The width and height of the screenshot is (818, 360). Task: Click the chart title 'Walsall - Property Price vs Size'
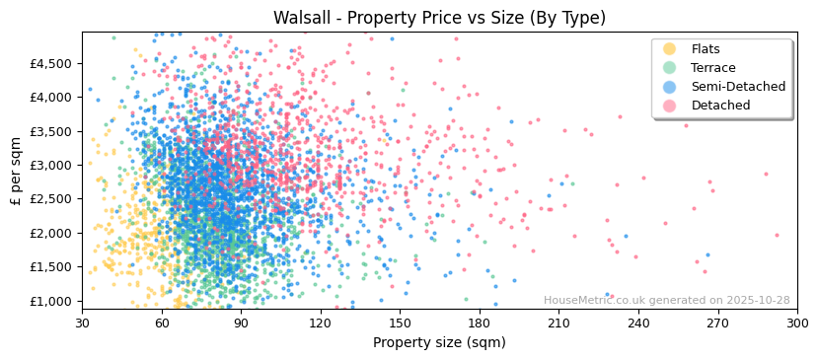pyautogui.click(x=439, y=18)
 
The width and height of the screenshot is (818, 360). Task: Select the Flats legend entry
pyautogui.click(x=706, y=49)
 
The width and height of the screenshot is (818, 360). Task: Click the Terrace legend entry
pyautogui.click(x=712, y=68)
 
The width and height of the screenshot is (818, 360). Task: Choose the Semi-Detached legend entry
pyautogui.click(x=738, y=87)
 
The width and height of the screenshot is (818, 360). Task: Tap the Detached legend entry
pyautogui.click(x=720, y=106)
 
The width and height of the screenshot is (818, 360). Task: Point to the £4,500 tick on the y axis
pyautogui.click(x=51, y=63)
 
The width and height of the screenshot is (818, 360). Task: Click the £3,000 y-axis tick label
pyautogui.click(x=51, y=165)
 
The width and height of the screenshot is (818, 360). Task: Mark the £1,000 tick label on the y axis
pyautogui.click(x=51, y=301)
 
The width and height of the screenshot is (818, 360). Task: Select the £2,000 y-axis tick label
pyautogui.click(x=51, y=233)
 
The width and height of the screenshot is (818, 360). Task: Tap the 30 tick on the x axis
pyautogui.click(x=83, y=323)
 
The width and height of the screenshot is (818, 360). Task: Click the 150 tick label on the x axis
pyautogui.click(x=400, y=323)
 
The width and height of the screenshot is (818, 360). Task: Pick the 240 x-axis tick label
pyautogui.click(x=638, y=323)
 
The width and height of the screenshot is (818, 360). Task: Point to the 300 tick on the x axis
pyautogui.click(x=796, y=323)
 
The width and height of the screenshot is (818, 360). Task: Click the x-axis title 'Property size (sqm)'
pyautogui.click(x=439, y=342)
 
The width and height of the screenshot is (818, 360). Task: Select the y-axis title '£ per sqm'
pyautogui.click(x=17, y=171)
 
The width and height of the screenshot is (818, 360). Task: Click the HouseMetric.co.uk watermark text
pyautogui.click(x=666, y=301)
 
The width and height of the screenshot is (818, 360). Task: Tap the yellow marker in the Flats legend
pyautogui.click(x=669, y=49)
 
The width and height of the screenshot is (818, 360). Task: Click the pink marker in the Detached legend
pyautogui.click(x=669, y=106)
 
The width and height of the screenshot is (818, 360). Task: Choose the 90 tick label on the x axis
pyautogui.click(x=241, y=323)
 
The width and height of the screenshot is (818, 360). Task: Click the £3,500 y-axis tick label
pyautogui.click(x=51, y=131)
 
